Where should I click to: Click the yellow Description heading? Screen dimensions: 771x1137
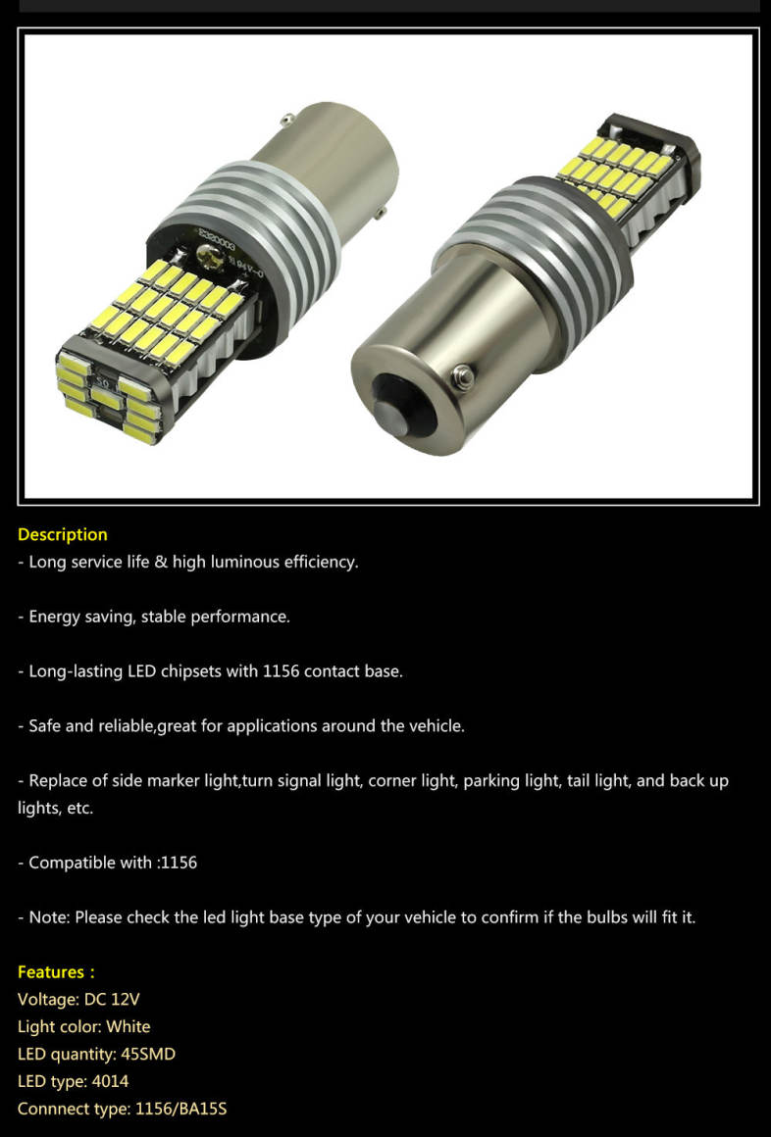63,534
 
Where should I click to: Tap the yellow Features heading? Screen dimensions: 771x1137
56,971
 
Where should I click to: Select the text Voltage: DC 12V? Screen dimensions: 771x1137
78,999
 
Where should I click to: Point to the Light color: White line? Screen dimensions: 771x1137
84,1027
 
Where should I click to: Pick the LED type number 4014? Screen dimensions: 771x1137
110,1081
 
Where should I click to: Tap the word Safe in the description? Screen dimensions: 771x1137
44,726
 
